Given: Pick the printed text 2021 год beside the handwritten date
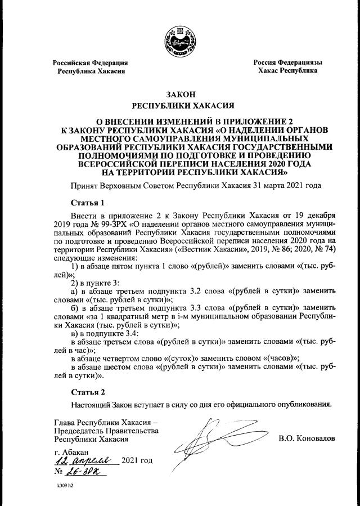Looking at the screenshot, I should (137, 460).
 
